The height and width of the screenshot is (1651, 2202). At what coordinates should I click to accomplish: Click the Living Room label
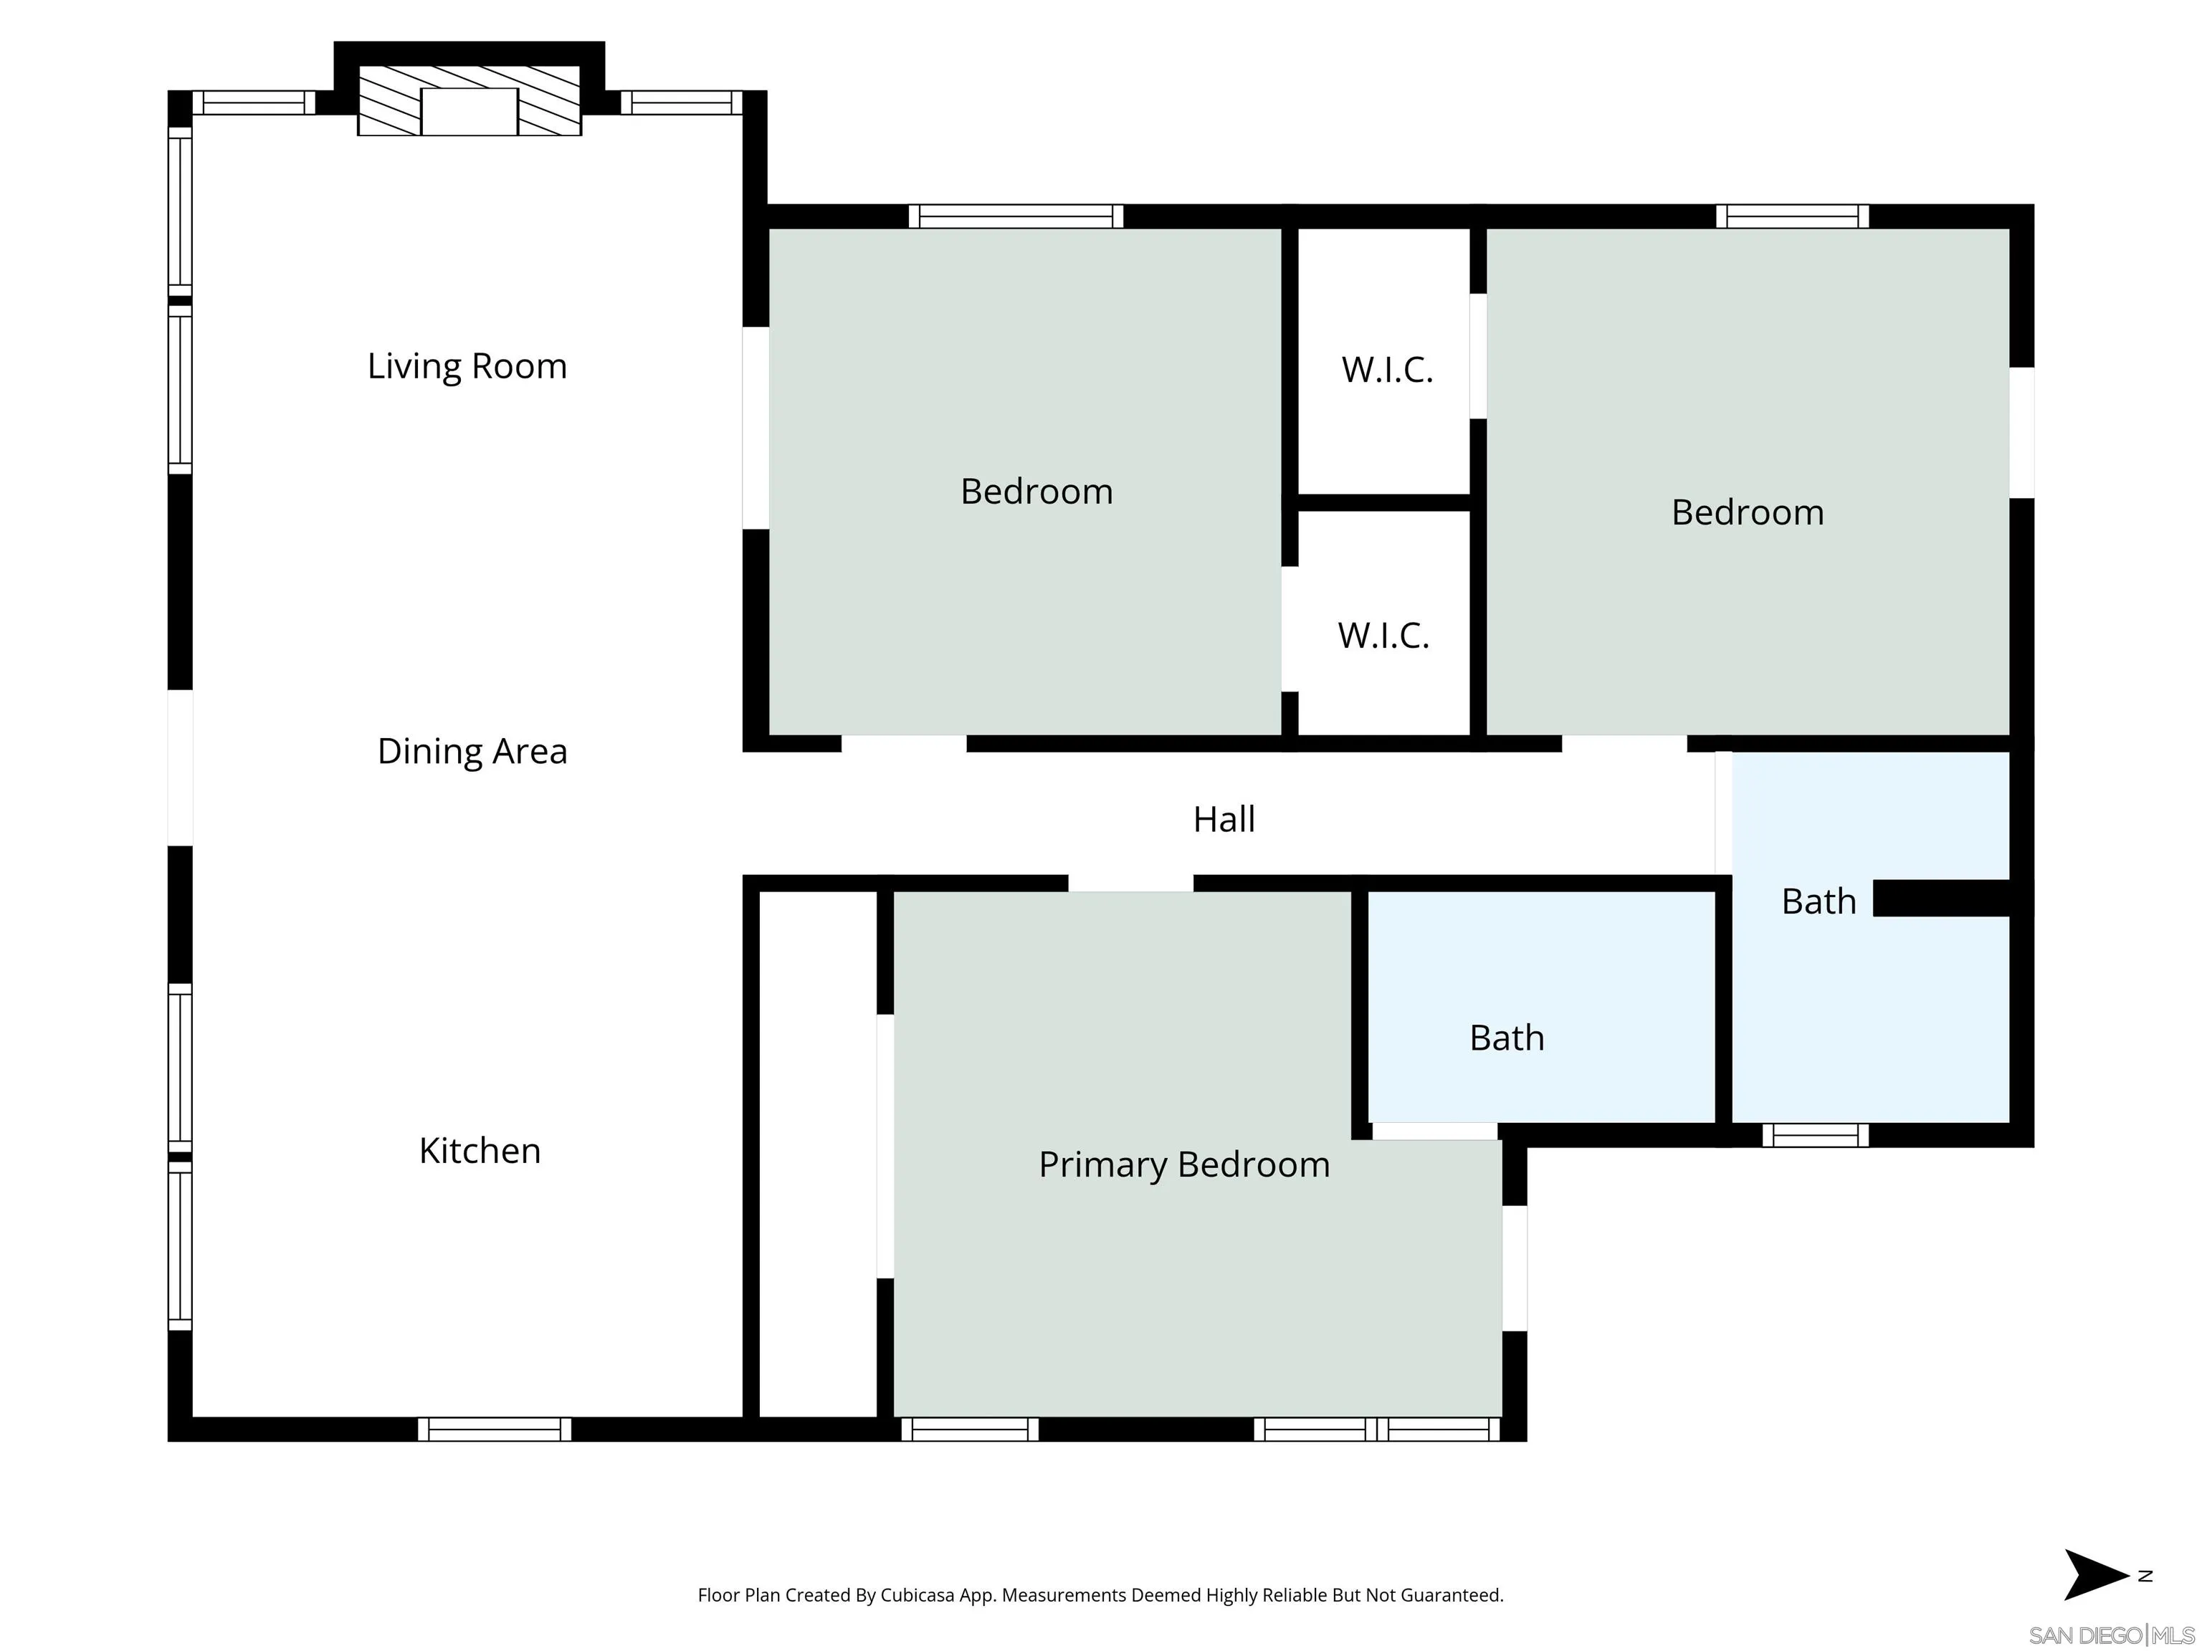point(467,366)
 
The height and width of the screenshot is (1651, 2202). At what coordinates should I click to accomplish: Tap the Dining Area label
point(472,752)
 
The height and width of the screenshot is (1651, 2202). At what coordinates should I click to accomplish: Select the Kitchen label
point(479,1150)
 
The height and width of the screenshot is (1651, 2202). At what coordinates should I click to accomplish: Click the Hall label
point(1224,819)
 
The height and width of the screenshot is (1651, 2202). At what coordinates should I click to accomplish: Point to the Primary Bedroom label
point(1183,1164)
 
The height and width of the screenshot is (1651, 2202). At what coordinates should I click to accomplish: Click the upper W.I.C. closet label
point(1387,370)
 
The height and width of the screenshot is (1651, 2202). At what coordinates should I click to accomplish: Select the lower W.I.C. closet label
point(1383,636)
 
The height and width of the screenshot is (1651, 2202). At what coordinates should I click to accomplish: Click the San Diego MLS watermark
point(2110,1636)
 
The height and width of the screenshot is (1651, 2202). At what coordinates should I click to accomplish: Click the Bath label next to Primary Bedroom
point(1506,1038)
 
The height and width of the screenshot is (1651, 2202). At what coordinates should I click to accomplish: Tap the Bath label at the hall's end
point(1818,901)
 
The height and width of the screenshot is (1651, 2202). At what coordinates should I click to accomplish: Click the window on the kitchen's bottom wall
point(494,1429)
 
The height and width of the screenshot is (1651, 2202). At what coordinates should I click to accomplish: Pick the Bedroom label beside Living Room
point(1036,492)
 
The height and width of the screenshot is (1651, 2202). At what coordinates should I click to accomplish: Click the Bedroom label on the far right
point(1747,512)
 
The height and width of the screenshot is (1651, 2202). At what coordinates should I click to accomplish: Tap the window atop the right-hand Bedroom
point(1792,216)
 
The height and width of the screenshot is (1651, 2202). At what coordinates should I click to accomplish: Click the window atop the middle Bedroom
point(1016,216)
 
